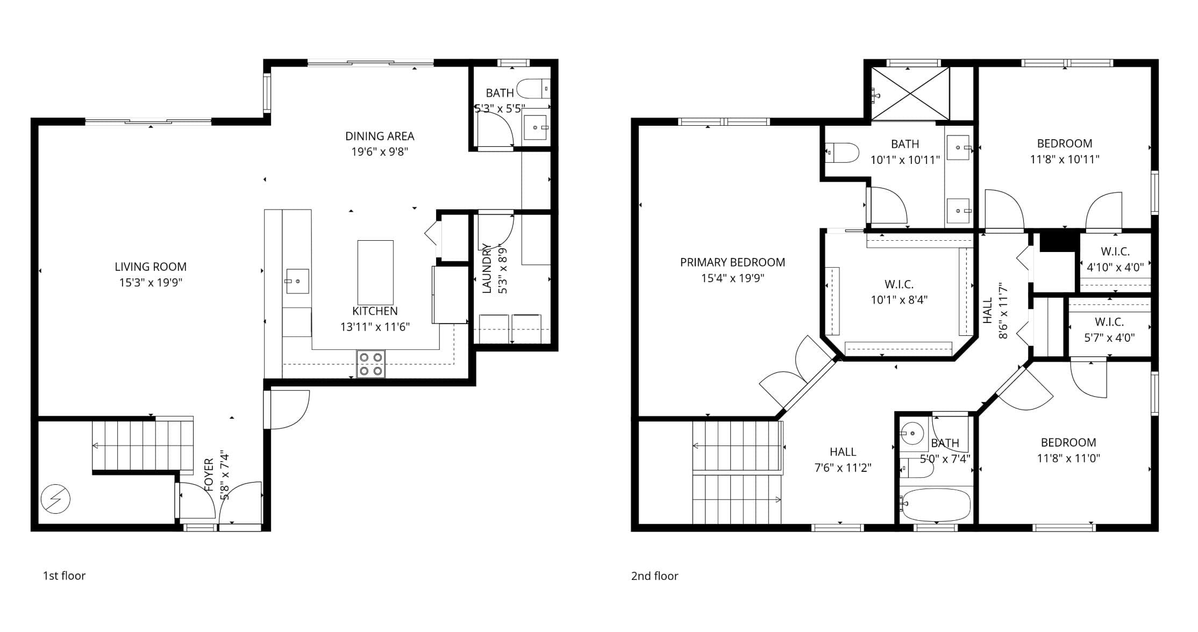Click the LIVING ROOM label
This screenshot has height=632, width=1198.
coord(151,267)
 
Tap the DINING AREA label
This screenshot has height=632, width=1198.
coord(380,136)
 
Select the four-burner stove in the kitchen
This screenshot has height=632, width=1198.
coord(371,364)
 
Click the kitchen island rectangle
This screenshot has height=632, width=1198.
coord(375,272)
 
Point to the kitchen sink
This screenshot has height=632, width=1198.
coord(297,281)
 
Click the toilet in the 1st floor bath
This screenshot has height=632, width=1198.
coord(533,89)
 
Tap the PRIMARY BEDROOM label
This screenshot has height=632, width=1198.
coord(732,262)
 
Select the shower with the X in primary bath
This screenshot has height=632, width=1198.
coord(910,94)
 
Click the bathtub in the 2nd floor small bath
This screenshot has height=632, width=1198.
coord(936,505)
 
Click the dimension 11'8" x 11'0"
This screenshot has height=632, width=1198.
coord(1068,458)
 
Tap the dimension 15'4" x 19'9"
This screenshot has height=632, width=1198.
coord(732,278)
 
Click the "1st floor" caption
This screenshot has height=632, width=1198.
coord(64,576)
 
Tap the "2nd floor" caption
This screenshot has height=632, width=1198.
coord(654,576)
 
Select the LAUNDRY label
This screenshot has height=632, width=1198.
coord(487,268)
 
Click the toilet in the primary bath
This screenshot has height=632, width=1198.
coord(842,153)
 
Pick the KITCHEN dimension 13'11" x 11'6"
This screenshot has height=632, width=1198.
coord(375,327)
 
